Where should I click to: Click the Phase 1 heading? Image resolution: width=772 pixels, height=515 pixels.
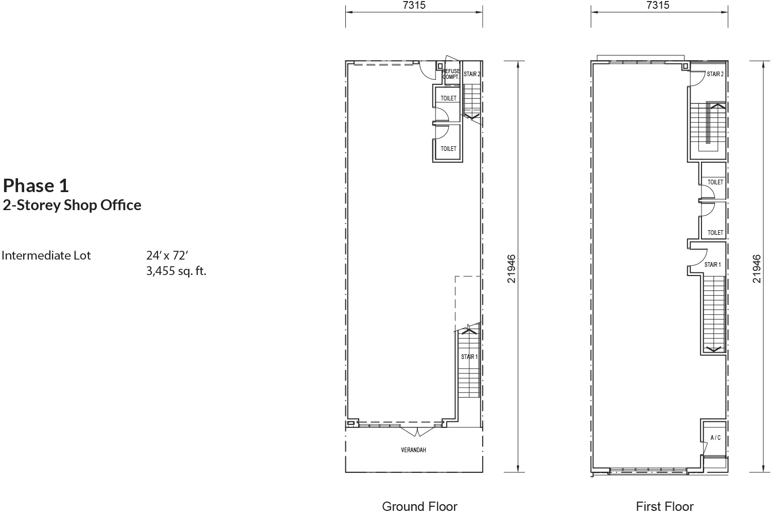pyautogui.click(x=36, y=185)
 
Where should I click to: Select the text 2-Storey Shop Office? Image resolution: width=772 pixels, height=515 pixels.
pyautogui.click(x=72, y=205)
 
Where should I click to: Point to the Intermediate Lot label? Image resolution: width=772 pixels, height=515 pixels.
pyautogui.click(x=46, y=255)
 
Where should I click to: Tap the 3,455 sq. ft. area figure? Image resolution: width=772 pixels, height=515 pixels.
pyautogui.click(x=176, y=271)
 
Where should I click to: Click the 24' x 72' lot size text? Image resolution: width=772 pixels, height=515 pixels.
pyautogui.click(x=167, y=255)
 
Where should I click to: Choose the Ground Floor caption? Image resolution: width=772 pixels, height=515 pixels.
pyautogui.click(x=419, y=506)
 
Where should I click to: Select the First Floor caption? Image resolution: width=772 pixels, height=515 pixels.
pyautogui.click(x=664, y=506)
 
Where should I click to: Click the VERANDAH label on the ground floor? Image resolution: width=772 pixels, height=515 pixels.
pyautogui.click(x=413, y=450)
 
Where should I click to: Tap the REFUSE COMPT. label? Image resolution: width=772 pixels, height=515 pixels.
pyautogui.click(x=451, y=74)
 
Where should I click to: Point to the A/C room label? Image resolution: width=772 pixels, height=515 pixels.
pyautogui.click(x=715, y=438)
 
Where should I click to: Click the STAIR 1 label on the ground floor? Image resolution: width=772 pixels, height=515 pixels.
pyautogui.click(x=469, y=357)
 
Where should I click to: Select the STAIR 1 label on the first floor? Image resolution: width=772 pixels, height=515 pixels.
pyautogui.click(x=712, y=265)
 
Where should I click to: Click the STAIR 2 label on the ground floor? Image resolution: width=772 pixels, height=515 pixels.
pyautogui.click(x=472, y=74)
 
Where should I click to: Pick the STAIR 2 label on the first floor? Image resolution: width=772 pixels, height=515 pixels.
pyautogui.click(x=715, y=74)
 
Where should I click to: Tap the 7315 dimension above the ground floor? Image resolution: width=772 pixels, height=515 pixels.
pyautogui.click(x=414, y=5)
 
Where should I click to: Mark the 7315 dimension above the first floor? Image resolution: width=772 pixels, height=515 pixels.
pyautogui.click(x=658, y=5)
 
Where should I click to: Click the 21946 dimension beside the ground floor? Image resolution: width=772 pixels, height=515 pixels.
pyautogui.click(x=511, y=269)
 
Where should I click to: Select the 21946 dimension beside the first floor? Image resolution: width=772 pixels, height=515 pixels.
pyautogui.click(x=757, y=269)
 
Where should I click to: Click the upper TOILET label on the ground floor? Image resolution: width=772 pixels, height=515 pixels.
pyautogui.click(x=448, y=98)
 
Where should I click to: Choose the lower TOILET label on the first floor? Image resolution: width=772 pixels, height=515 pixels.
pyautogui.click(x=715, y=233)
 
